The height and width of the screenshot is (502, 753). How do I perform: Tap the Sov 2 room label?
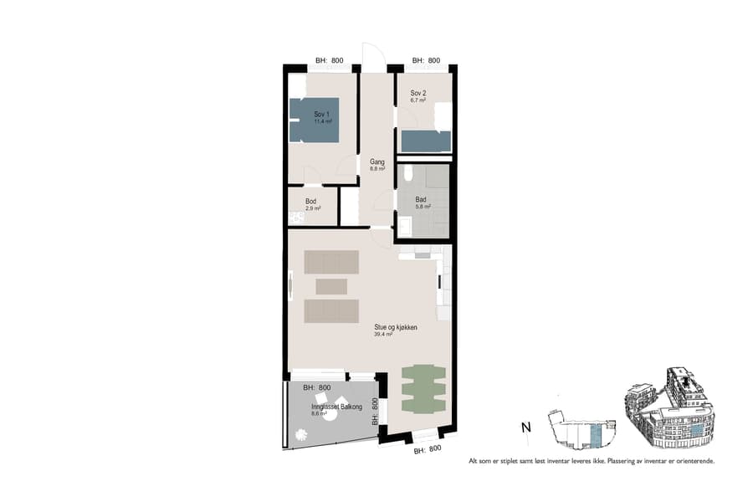(418, 92)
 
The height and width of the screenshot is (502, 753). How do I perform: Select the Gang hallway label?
(376, 162)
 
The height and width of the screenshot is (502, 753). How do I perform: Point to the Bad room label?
(422, 199)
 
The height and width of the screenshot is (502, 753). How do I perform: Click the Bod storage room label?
(310, 202)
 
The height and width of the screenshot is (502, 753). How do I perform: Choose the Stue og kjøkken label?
(396, 327)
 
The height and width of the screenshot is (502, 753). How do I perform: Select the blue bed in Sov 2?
(426, 141)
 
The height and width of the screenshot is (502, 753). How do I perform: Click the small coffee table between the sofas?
(331, 286)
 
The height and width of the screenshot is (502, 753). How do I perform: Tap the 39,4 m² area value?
(383, 334)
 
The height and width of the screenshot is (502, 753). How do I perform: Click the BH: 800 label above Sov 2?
(426, 60)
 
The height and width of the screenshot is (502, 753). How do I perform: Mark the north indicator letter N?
(525, 428)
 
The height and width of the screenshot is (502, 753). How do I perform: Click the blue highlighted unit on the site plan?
(595, 436)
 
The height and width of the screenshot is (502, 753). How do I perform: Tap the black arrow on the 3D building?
(686, 384)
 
